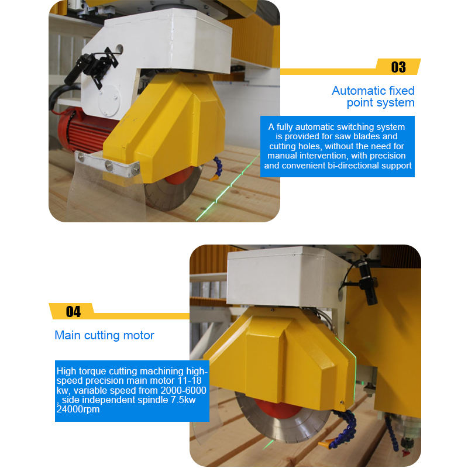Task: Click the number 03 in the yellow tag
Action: click(398, 67)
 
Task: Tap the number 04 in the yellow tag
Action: click(73, 312)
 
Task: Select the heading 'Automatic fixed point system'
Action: click(373, 97)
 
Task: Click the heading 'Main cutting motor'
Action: click(104, 335)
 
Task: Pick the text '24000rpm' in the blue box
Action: click(78, 409)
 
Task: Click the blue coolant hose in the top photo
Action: click(217, 168)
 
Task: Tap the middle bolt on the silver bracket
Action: click(109, 165)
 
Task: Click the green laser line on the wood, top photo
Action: click(228, 187)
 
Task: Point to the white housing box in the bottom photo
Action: click(287, 277)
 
